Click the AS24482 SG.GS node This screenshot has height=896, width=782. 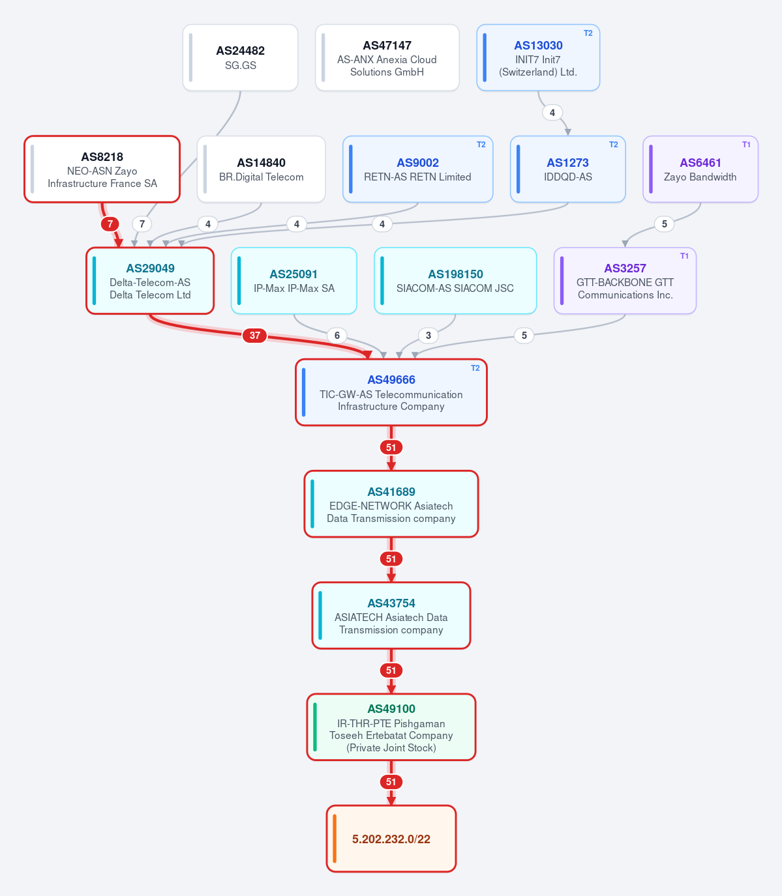[x=240, y=57]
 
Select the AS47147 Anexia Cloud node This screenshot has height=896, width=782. [x=387, y=57]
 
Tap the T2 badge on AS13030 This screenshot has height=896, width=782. [x=588, y=33]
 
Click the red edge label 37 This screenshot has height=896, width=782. [x=254, y=336]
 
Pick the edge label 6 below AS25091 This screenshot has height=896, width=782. [x=337, y=336]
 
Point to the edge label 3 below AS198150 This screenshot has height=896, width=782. [x=429, y=336]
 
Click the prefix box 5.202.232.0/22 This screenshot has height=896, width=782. [x=391, y=839]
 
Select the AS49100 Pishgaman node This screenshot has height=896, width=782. [x=391, y=727]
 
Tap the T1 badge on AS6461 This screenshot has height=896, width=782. [x=746, y=145]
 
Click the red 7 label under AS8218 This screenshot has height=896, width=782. [x=110, y=224]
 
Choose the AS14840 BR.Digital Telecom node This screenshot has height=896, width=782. [x=262, y=169]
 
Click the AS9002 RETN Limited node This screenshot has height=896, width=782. [x=417, y=169]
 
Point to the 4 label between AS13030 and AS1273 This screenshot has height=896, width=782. [x=552, y=113]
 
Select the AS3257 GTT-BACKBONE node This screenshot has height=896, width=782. [x=625, y=281]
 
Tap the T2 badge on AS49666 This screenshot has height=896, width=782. [x=475, y=368]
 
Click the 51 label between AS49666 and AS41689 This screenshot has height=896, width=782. [x=391, y=448]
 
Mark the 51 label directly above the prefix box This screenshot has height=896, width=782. [x=391, y=782]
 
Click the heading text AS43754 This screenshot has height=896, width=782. [x=391, y=603]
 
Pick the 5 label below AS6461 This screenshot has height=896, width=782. [x=665, y=224]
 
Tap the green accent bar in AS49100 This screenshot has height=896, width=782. [x=315, y=727]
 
